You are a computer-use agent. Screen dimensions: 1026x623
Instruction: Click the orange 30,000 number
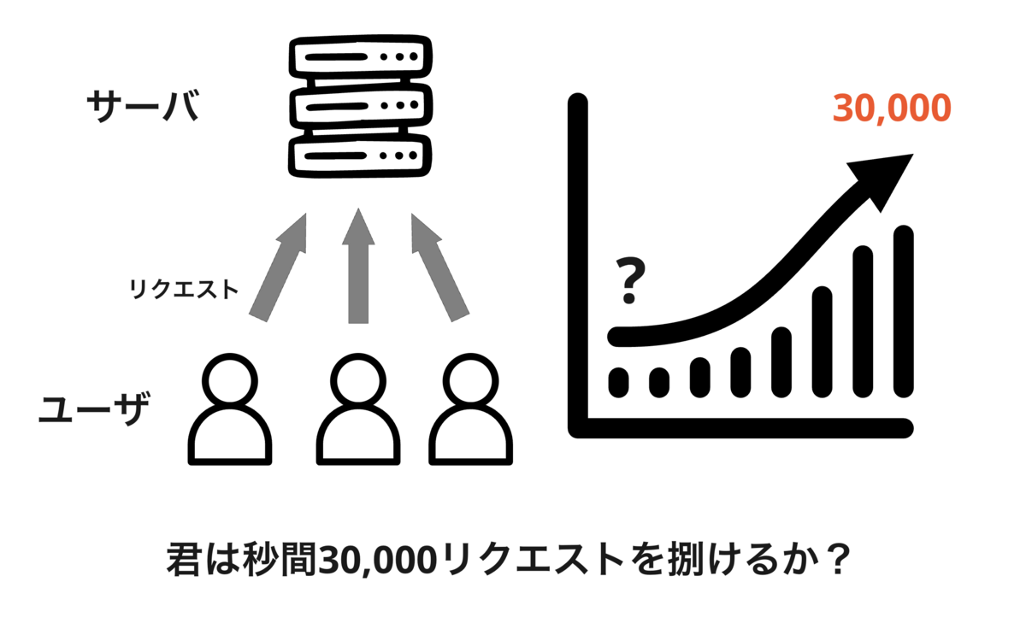891,109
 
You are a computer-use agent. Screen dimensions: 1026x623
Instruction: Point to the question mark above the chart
630,283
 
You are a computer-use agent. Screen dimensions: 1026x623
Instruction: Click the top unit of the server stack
359,58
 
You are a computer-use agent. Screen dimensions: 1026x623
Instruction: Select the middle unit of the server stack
359,108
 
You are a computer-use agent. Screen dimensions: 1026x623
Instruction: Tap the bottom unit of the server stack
359,157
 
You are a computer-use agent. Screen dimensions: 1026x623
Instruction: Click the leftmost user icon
229,410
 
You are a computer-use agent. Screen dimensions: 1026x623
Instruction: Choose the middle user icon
359,410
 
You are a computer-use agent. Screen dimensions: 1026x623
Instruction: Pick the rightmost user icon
471,410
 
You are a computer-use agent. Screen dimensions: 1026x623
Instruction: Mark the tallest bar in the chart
903,312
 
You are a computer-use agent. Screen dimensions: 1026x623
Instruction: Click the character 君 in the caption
183,561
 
